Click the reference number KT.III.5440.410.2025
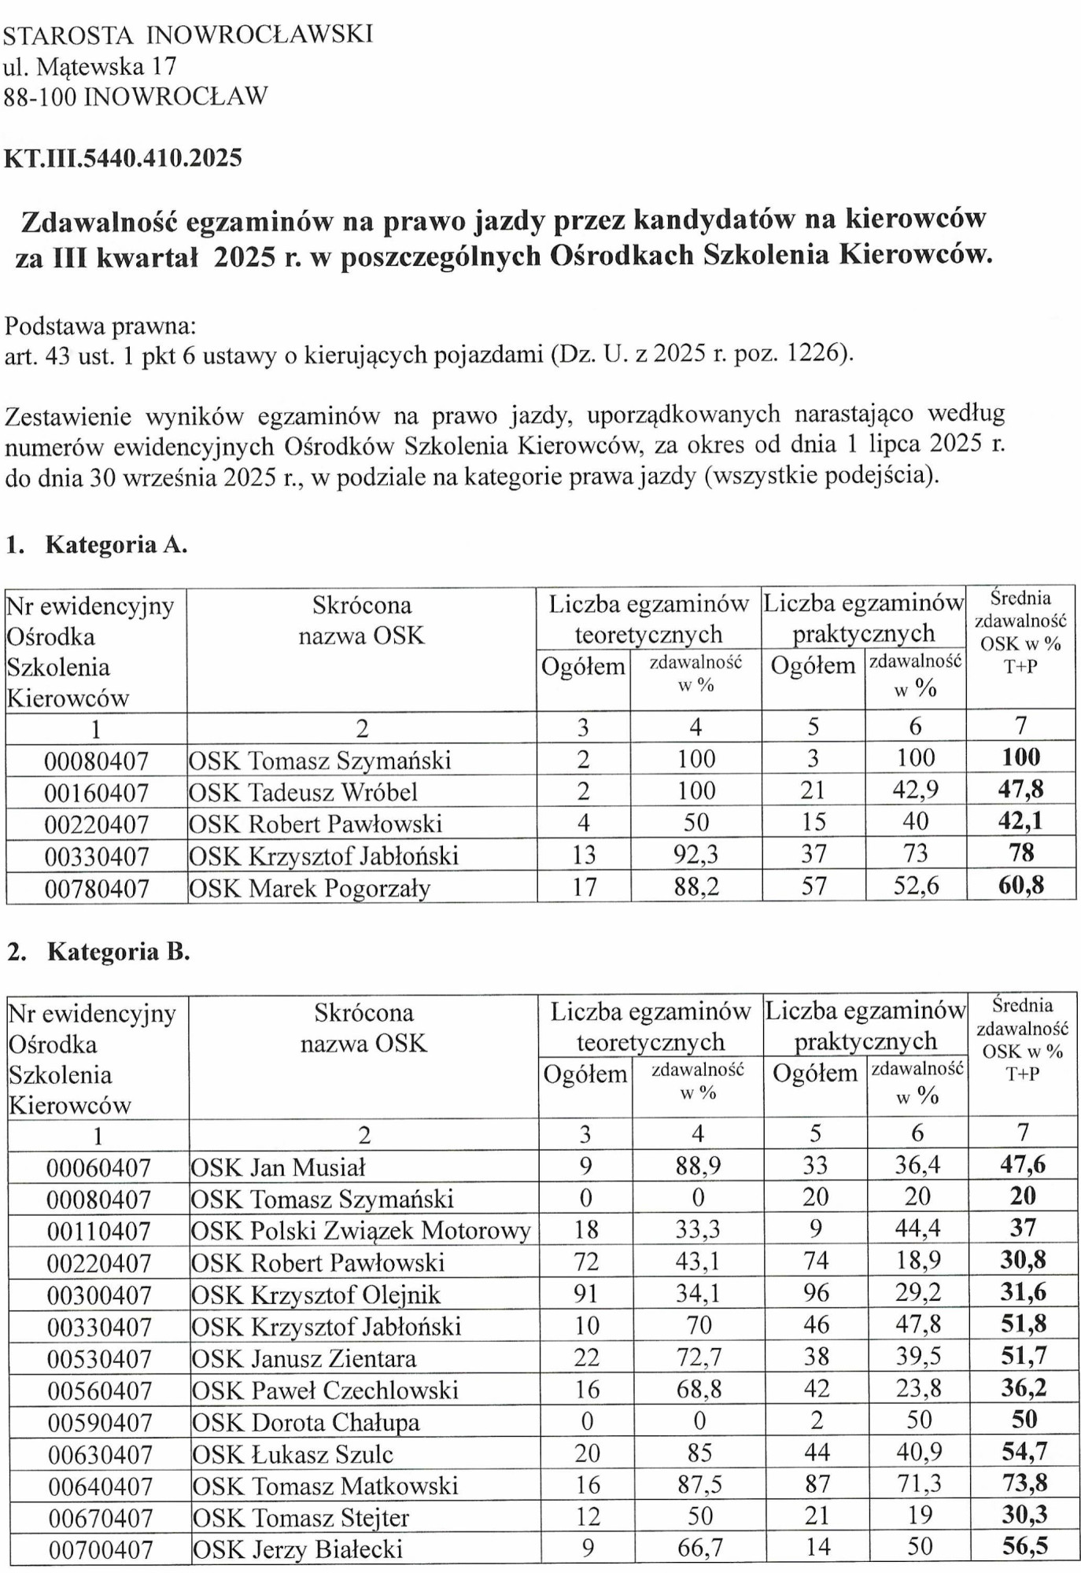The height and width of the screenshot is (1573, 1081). (123, 158)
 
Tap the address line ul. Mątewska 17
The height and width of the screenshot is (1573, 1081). (90, 66)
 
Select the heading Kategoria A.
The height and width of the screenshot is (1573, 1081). (116, 544)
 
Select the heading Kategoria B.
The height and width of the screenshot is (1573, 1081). (118, 952)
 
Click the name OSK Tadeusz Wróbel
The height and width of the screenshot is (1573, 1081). (303, 792)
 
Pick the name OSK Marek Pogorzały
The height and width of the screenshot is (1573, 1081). (309, 888)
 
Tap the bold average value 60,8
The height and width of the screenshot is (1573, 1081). (1020, 886)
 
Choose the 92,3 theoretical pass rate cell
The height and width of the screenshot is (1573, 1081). (695, 854)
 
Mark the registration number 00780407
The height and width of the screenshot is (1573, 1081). (96, 889)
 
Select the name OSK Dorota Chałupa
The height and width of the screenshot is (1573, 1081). (306, 1423)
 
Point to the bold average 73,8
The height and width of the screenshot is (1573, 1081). (1024, 1483)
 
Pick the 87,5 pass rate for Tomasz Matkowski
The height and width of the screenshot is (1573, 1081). (699, 1485)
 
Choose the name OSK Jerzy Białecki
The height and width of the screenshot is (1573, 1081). (297, 1549)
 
